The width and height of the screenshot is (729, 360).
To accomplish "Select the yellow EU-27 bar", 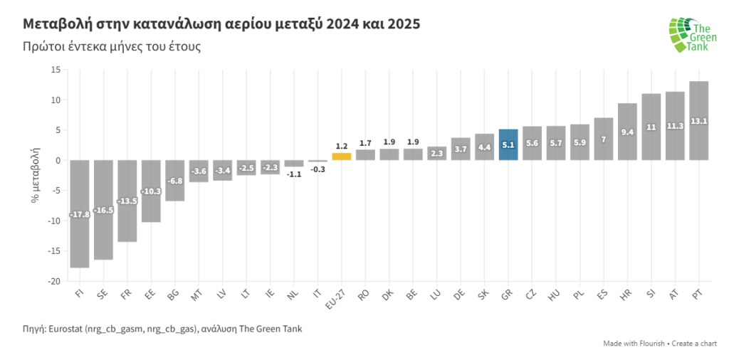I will [341, 157].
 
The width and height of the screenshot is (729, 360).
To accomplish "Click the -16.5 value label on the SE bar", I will [103, 210].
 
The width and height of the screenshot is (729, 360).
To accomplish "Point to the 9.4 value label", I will [627, 132].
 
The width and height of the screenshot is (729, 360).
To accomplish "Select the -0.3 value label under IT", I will [318, 169].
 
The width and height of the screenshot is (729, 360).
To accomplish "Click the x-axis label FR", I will [125, 293].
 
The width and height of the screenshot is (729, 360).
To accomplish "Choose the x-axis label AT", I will [673, 293].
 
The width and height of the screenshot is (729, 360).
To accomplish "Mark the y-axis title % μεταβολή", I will [35, 175].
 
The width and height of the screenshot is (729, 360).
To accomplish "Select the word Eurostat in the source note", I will [67, 329].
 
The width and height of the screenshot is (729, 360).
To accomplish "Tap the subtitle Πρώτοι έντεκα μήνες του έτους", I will [111, 47].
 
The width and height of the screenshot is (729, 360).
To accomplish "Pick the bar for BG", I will [175, 180].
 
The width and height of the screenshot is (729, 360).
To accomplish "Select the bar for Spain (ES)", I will [603, 139].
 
